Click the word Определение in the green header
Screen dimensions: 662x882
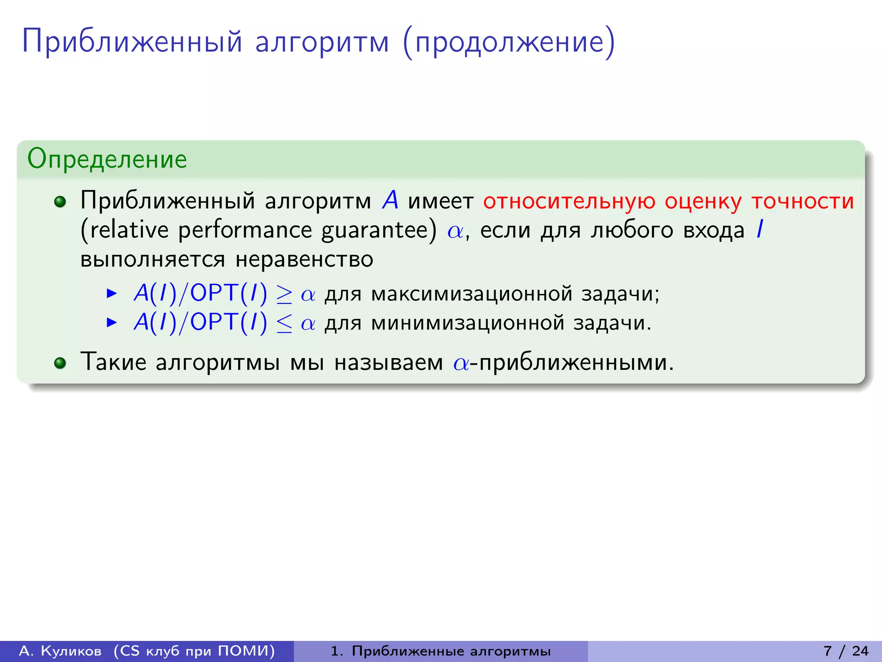click(x=107, y=159)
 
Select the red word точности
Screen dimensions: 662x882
click(x=802, y=201)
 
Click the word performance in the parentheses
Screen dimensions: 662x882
click(x=245, y=230)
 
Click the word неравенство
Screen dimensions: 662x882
click(x=304, y=259)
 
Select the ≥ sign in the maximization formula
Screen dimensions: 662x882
click(x=284, y=295)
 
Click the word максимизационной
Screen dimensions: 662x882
click(x=472, y=294)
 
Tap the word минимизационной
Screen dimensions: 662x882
click(x=467, y=323)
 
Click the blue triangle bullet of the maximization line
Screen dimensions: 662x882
click(x=112, y=294)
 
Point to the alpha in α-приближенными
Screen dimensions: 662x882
click(x=461, y=363)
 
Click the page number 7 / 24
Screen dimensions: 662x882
click(x=846, y=651)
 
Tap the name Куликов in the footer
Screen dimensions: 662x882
click(x=71, y=651)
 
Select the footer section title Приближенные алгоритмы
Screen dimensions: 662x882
click(x=451, y=651)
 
